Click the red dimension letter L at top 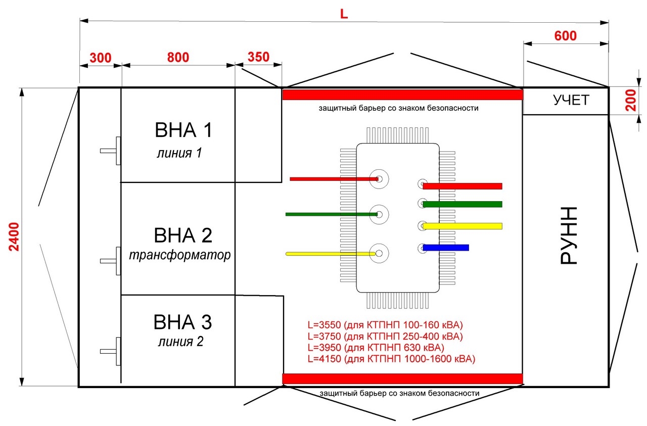pyautogui.click(x=344, y=14)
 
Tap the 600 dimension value pyautogui.click(x=565, y=36)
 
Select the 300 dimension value pyautogui.click(x=100, y=58)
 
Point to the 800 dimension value pyautogui.click(x=178, y=57)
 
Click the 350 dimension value pyautogui.click(x=258, y=57)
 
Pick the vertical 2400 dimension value pyautogui.click(x=14, y=236)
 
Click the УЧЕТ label pyautogui.click(x=571, y=100)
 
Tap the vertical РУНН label pyautogui.click(x=569, y=235)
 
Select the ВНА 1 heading pyautogui.click(x=183, y=130)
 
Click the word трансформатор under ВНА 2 pyautogui.click(x=179, y=255)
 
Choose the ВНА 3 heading pyautogui.click(x=182, y=322)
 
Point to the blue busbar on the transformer pyautogui.click(x=446, y=248)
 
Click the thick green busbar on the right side pyautogui.click(x=463, y=204)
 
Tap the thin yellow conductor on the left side pyautogui.click(x=331, y=254)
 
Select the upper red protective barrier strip pyautogui.click(x=403, y=94)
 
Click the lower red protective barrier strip pyautogui.click(x=403, y=378)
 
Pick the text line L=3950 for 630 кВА pyautogui.click(x=376, y=348)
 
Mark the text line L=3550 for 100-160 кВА pyautogui.click(x=385, y=325)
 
